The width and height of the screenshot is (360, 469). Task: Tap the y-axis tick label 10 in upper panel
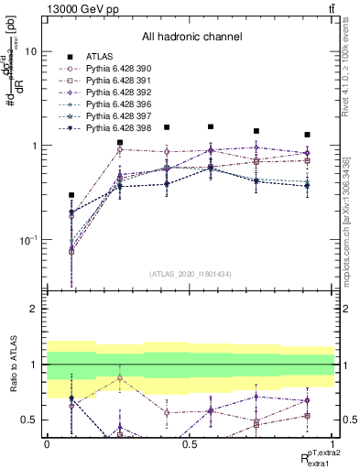pos(30,52)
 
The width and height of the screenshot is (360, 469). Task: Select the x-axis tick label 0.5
pos(191,443)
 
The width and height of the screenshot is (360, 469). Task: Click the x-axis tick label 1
pos(333,443)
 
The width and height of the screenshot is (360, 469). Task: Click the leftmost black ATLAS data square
pos(71,195)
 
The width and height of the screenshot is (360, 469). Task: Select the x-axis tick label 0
pos(47,443)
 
